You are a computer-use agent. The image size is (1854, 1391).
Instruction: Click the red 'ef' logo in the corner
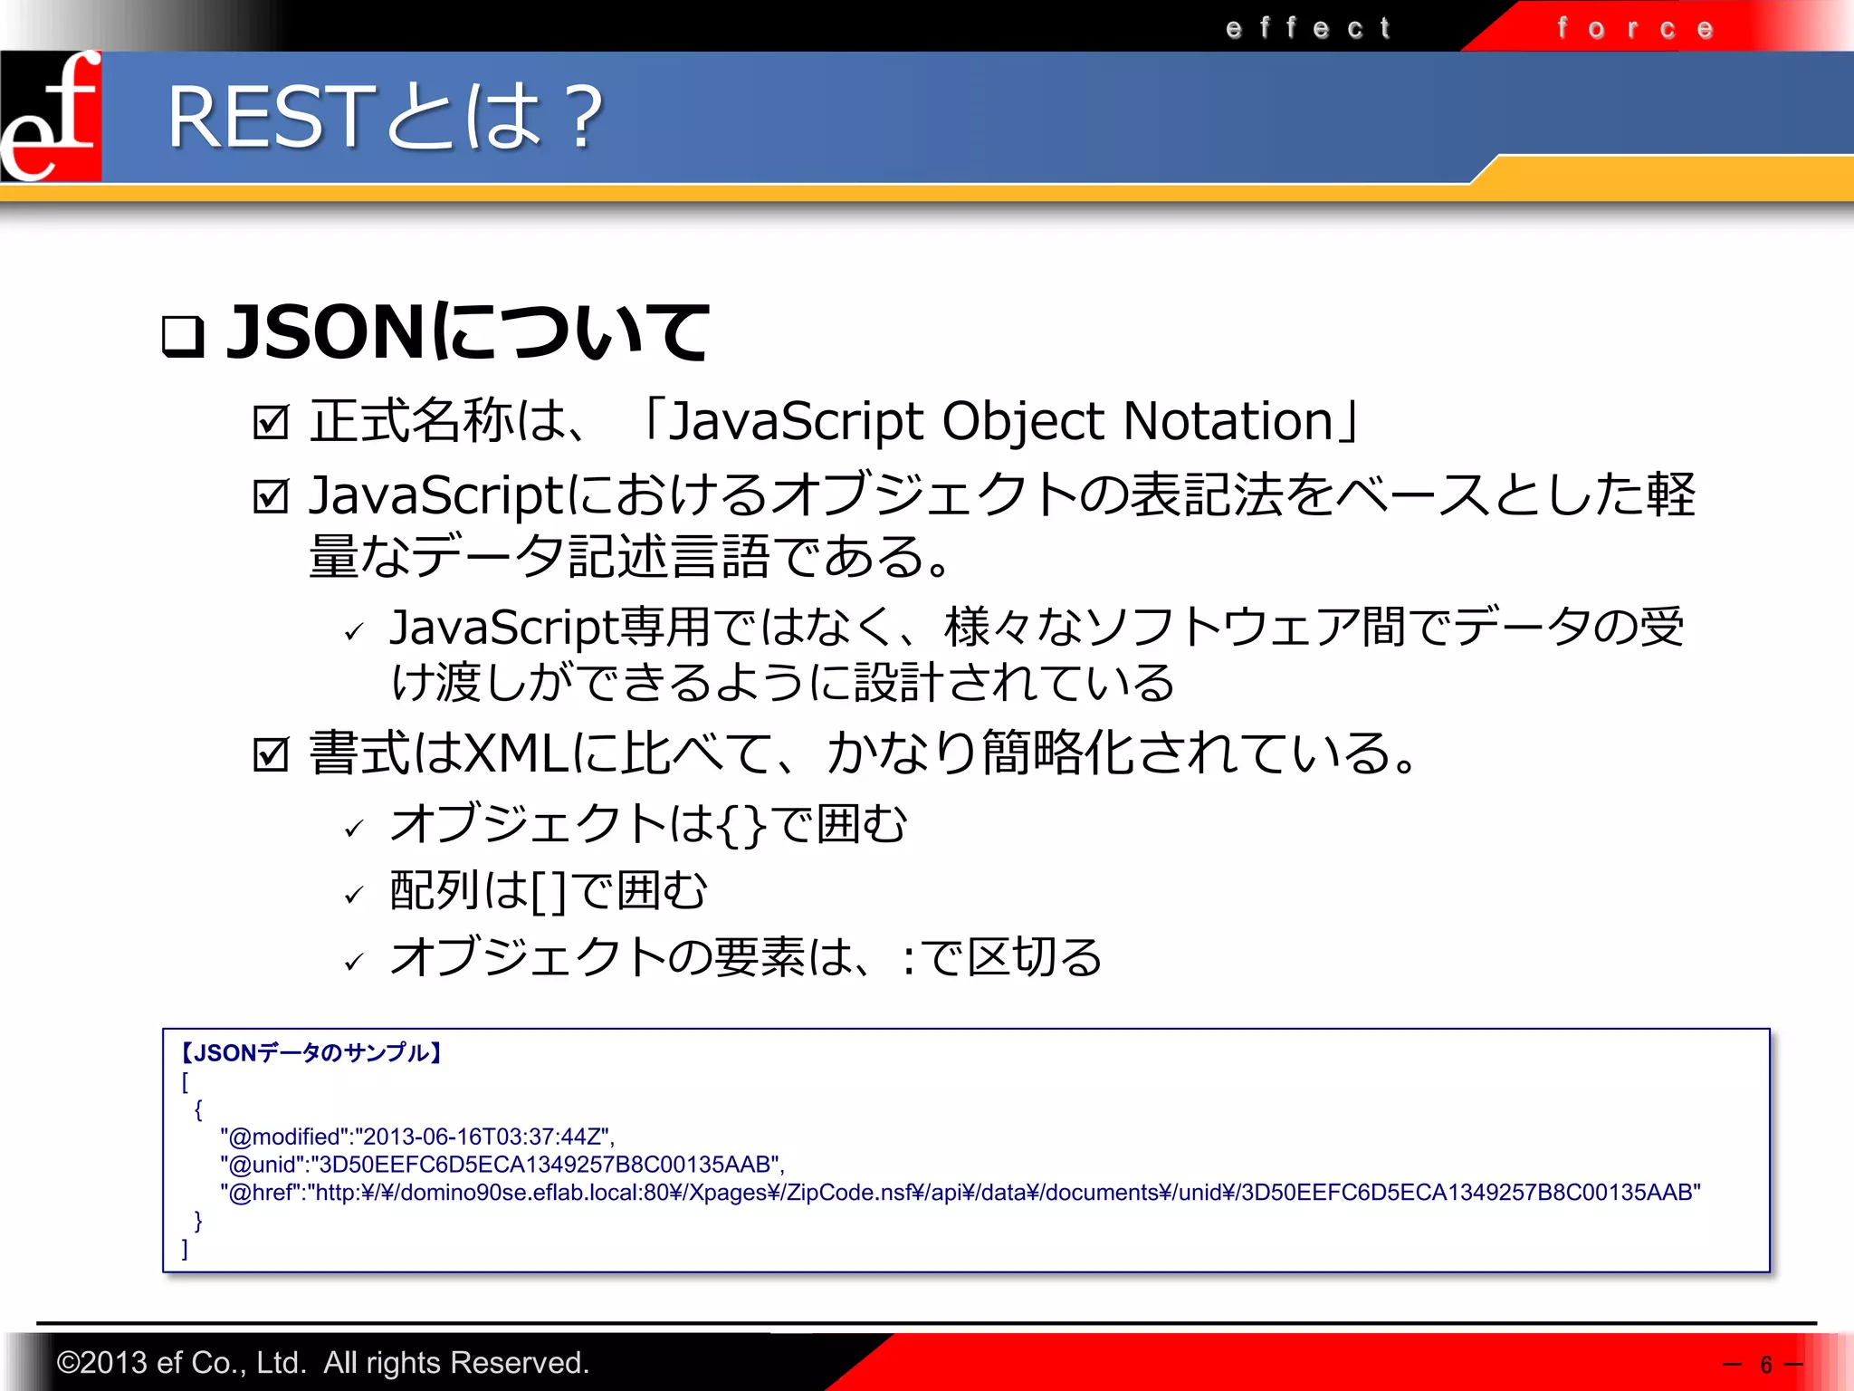51,116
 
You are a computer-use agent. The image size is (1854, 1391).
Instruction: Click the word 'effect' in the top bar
1307,28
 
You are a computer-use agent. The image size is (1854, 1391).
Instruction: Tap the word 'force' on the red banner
1635,29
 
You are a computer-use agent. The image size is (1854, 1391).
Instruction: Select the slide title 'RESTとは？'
386,117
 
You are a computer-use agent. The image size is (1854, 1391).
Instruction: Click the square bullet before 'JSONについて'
182,336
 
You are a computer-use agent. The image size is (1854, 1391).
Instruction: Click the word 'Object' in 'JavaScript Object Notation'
1022,422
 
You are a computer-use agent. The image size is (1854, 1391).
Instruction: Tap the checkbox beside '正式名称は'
271,422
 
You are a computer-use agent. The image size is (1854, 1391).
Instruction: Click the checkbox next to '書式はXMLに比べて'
271,754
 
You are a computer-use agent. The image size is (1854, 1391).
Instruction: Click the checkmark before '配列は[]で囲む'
354,895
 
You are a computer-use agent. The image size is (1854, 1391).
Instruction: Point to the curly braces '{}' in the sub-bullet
741,825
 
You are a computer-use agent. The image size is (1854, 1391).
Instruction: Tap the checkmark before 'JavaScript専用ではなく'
354,631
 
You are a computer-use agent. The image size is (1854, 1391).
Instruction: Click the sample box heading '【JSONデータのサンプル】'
310,1052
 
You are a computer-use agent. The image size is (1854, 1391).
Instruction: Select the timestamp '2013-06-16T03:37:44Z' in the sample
483,1137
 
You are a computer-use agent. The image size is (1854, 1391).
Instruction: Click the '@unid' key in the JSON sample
262,1165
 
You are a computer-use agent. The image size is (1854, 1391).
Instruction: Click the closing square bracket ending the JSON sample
185,1249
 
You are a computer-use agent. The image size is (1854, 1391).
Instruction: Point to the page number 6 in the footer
1765,1365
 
